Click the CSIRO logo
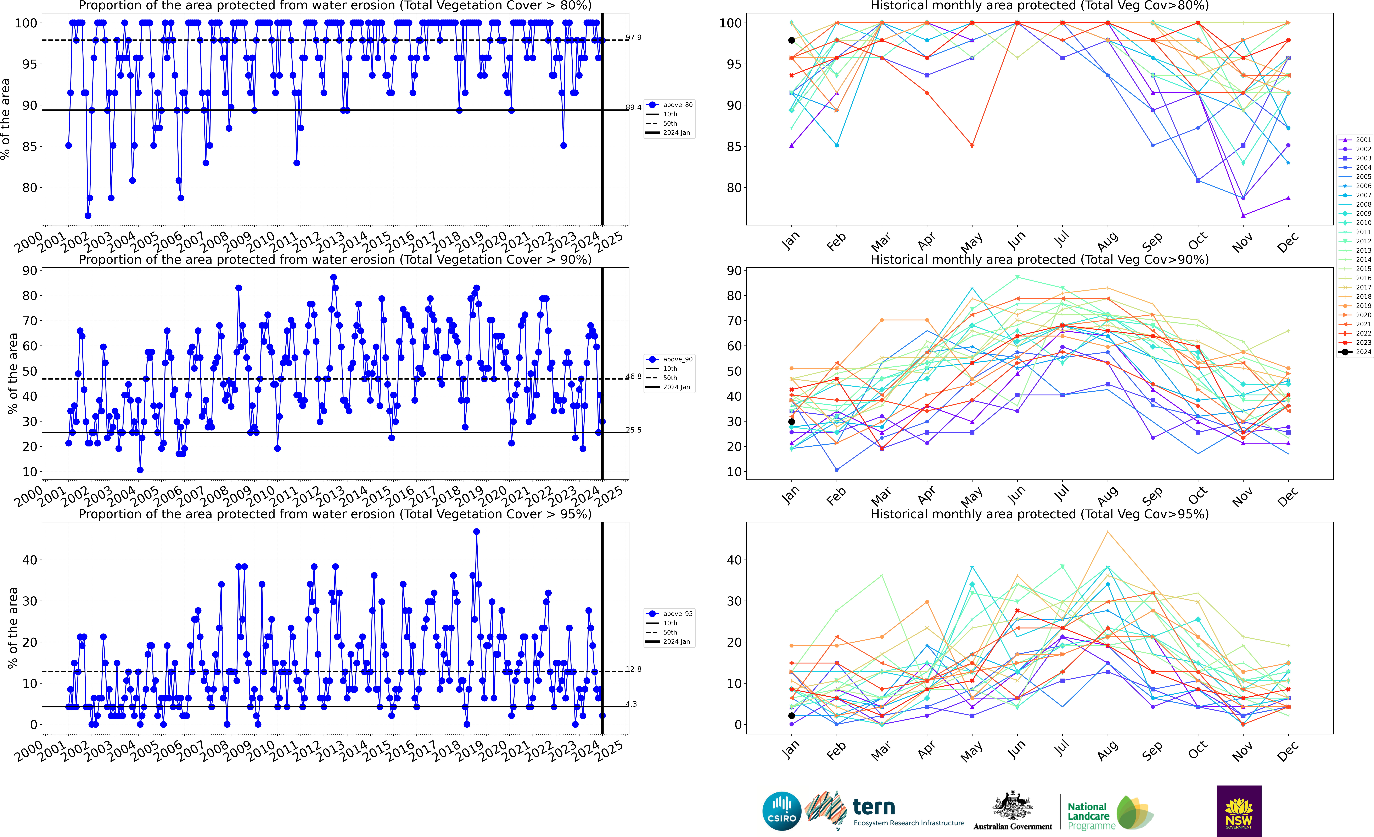click(x=782, y=811)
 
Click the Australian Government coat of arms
click(x=1012, y=806)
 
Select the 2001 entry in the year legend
click(x=1355, y=140)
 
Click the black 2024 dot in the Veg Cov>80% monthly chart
click(x=791, y=40)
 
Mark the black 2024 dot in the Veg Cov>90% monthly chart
click(x=791, y=422)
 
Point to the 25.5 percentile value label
click(x=633, y=430)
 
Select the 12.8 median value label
click(x=633, y=669)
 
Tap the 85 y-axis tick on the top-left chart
click(x=30, y=147)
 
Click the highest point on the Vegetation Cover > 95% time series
click(x=476, y=532)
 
